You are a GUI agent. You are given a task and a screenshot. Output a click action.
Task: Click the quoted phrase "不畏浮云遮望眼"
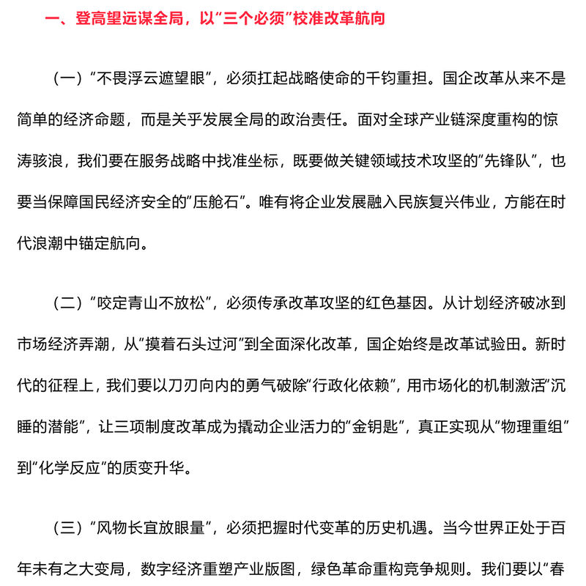pyautogui.click(x=151, y=79)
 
